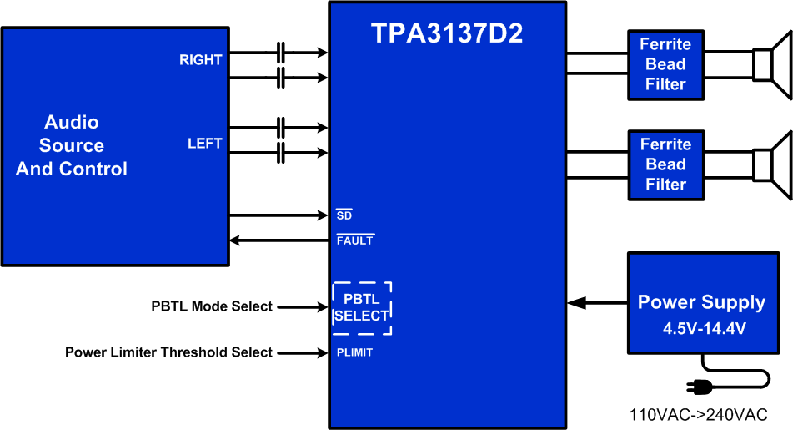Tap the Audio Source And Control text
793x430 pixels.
click(x=72, y=145)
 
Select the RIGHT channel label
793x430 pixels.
click(x=201, y=60)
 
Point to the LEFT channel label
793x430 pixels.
click(x=204, y=144)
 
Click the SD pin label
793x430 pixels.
click(x=344, y=215)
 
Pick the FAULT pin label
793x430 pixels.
click(x=354, y=240)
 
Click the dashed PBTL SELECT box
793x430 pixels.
click(x=362, y=308)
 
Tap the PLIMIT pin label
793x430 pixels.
click(x=354, y=352)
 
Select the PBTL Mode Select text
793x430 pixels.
click(x=212, y=306)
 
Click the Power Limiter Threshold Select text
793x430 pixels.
click(x=168, y=352)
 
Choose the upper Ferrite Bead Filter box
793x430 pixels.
click(x=665, y=64)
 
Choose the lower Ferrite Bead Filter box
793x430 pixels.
click(x=665, y=164)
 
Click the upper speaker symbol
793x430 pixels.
click(x=770, y=64)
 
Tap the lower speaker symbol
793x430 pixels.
click(x=770, y=164)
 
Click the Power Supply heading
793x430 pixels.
click(x=701, y=302)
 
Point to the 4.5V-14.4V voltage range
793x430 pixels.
click(x=705, y=328)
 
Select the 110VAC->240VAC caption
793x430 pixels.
click(x=698, y=415)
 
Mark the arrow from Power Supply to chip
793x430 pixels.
click(x=597, y=302)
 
